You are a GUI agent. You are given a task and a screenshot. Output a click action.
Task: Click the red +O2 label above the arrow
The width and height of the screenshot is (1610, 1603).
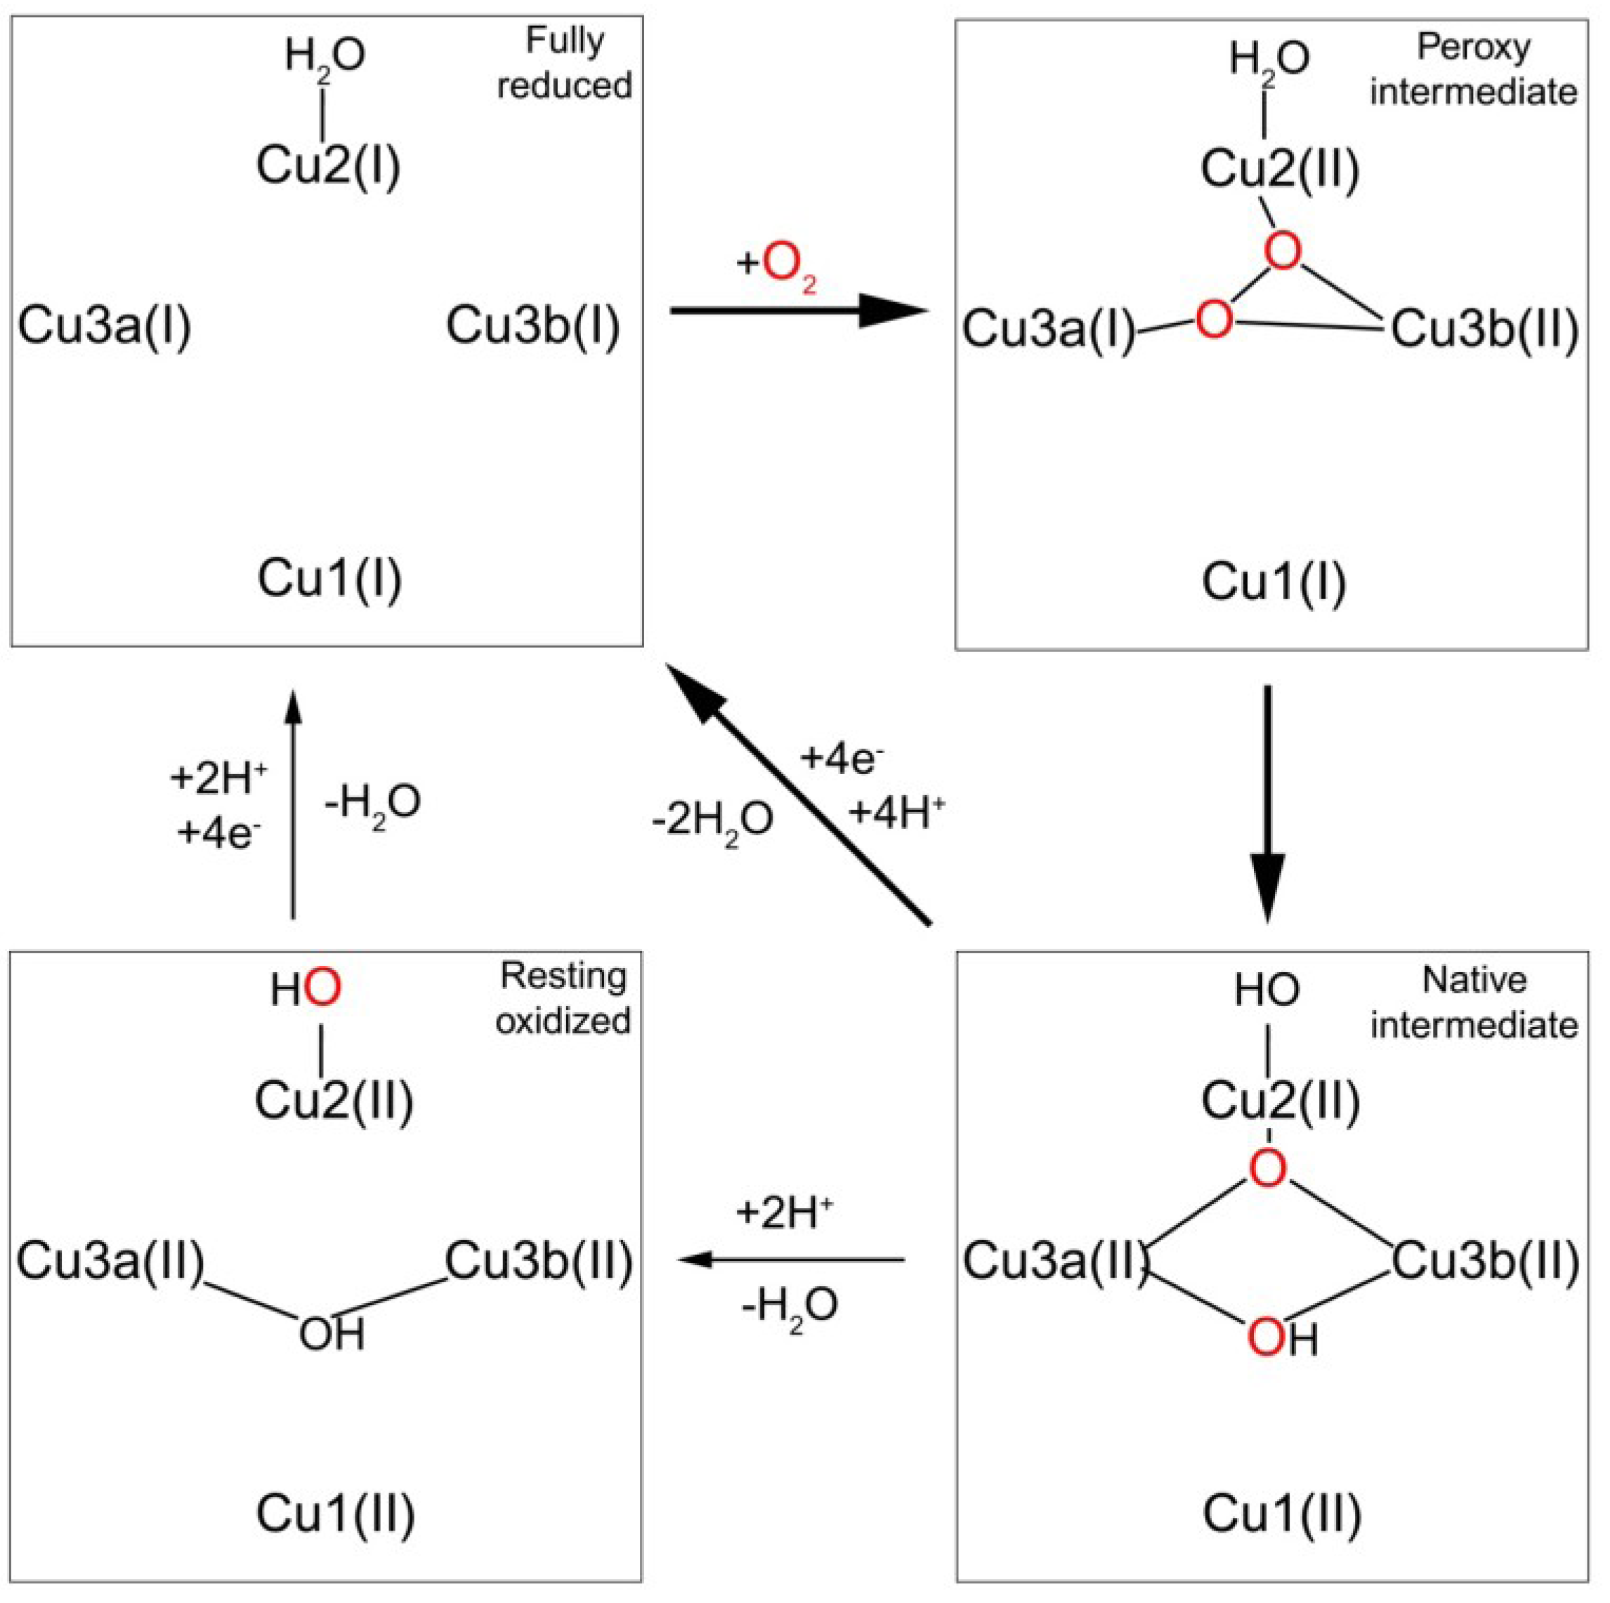point(777,265)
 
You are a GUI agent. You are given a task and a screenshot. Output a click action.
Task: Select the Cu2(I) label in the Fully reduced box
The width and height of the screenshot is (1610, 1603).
point(328,165)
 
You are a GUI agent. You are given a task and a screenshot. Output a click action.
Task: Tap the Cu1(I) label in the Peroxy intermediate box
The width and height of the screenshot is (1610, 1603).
point(1274,582)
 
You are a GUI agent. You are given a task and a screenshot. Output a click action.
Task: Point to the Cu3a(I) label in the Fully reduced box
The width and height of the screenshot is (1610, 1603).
point(104,325)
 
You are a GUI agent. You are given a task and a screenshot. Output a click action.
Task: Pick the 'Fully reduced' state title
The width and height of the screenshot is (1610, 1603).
point(564,63)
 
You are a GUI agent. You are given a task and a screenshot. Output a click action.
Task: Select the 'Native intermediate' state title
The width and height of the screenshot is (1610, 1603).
point(1473,1003)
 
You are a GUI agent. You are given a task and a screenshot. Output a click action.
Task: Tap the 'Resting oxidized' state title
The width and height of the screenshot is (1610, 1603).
point(563,998)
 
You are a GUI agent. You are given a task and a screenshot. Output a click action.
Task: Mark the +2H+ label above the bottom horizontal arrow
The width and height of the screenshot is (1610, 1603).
point(784,1214)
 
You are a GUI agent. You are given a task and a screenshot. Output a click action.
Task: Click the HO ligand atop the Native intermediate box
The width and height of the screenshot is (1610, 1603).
point(1267,990)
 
